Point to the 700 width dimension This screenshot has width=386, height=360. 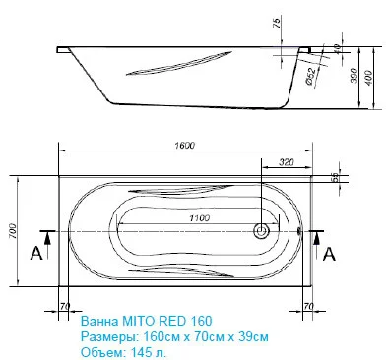coord(14,230)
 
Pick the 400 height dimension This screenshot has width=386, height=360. coord(368,76)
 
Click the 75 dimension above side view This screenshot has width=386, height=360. coord(275,24)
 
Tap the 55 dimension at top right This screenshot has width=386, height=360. coord(335,177)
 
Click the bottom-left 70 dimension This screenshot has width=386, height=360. coord(64,306)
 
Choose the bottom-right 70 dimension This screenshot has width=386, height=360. coord(308,306)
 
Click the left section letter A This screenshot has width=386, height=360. coord(36,253)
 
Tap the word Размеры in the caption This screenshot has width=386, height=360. coord(104,335)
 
